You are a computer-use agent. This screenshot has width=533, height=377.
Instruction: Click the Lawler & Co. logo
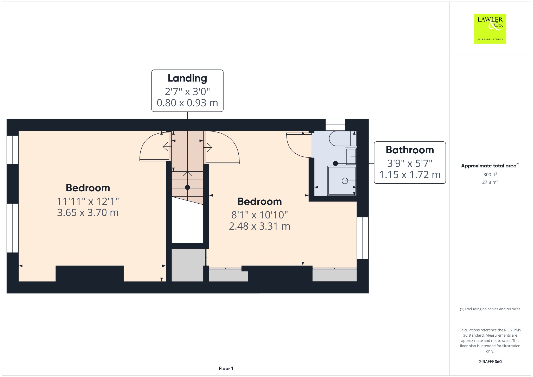490,29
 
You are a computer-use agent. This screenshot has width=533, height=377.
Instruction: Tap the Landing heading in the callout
187,78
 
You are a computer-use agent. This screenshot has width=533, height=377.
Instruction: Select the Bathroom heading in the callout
410,150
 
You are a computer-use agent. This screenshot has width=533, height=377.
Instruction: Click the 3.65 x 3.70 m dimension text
88,213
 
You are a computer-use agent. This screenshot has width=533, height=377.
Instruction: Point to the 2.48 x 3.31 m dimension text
260,226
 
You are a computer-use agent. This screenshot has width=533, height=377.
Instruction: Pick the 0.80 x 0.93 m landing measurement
187,103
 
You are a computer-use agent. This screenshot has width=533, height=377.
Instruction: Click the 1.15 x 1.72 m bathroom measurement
410,175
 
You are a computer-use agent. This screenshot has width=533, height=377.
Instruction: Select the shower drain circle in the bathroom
345,181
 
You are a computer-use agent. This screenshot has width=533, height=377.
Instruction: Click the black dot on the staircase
187,187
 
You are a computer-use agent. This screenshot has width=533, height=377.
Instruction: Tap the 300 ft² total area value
490,174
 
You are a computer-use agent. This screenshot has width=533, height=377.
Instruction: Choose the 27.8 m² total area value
490,182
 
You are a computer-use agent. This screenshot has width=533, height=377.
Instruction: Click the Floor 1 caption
226,368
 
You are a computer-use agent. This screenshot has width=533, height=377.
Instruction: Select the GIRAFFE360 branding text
490,362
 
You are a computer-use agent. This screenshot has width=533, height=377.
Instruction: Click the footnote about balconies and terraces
490,309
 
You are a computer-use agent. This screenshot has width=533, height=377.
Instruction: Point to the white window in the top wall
335,125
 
